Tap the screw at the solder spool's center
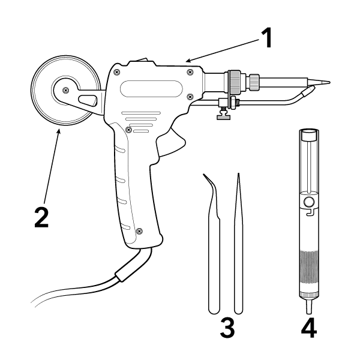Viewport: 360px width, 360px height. [x=65, y=90]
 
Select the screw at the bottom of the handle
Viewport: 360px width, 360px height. [x=139, y=230]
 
